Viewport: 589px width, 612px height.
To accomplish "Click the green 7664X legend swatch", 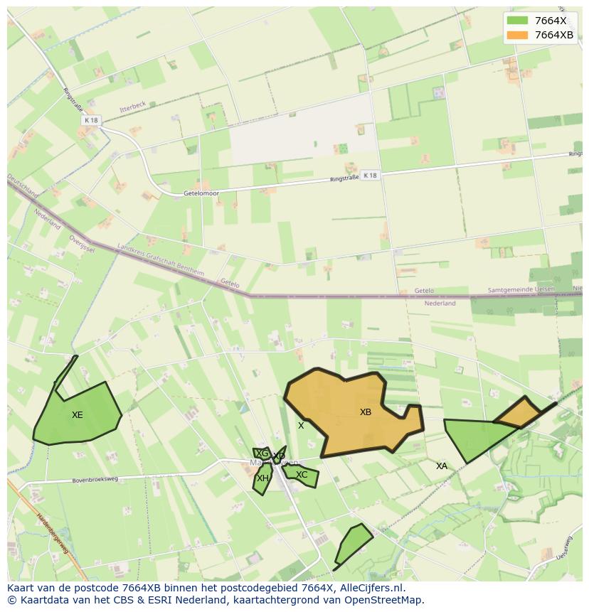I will (517, 21).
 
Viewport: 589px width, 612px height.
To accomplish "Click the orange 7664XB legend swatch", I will (517, 35).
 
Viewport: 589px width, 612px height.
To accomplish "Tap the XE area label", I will (78, 415).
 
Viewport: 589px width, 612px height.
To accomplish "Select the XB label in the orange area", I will (366, 412).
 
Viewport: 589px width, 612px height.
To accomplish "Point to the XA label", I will (442, 466).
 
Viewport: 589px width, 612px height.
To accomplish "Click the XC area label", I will (302, 475).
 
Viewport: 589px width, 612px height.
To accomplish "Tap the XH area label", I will (262, 478).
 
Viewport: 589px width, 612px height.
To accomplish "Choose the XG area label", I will (262, 453).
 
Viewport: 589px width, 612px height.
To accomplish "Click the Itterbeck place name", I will (133, 105).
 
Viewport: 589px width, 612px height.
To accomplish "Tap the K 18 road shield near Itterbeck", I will (90, 121).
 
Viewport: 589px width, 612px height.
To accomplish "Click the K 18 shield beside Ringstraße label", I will (369, 175).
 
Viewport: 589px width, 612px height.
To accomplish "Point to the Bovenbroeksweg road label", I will (95, 481).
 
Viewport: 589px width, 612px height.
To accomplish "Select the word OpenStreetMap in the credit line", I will (386, 600).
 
